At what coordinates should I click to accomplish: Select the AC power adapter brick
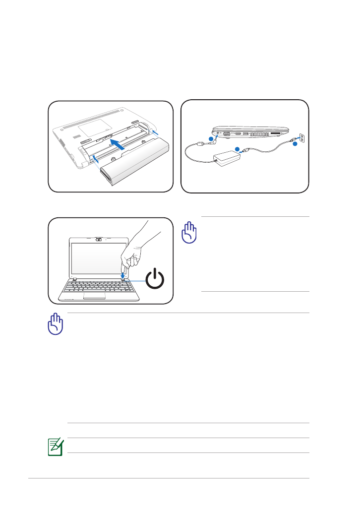(226, 157)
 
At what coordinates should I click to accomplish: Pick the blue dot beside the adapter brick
(237, 148)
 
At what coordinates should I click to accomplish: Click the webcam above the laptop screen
(99, 239)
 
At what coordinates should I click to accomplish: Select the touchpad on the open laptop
(94, 296)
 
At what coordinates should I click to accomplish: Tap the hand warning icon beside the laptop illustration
(189, 233)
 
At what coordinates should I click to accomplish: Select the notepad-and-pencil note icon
(54, 445)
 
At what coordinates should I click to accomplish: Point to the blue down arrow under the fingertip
(123, 273)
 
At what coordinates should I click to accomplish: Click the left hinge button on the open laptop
(73, 279)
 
